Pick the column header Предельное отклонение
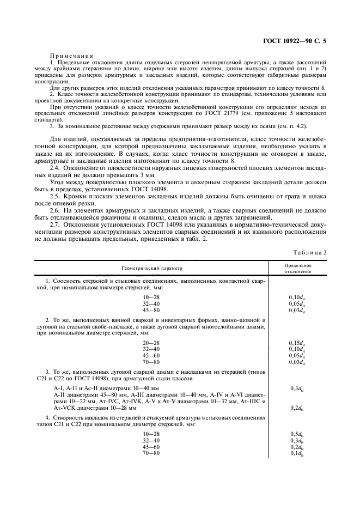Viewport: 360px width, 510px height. coord(297,268)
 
